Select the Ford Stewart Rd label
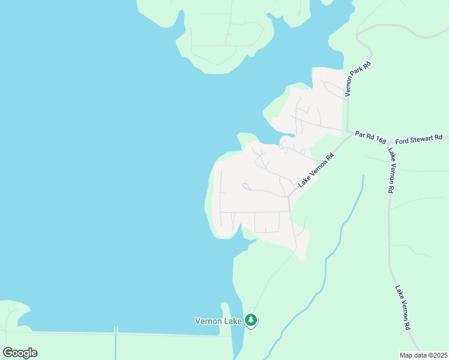coord(419,140)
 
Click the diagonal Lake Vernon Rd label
coord(316,170)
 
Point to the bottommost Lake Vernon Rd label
coord(403,307)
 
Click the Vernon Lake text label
coord(218,321)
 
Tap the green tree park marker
coord(252,321)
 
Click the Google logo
coord(20,353)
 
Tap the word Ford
coord(402,140)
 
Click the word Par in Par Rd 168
coord(360,134)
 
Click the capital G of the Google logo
coord(8,353)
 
